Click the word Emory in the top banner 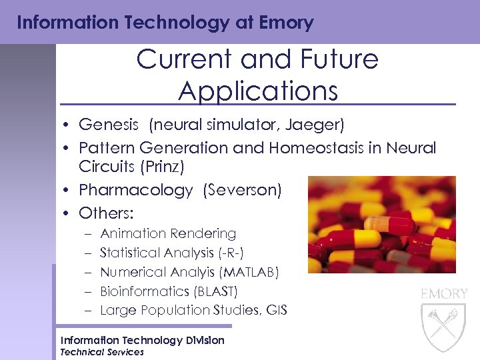(287, 23)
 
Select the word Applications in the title (258, 91)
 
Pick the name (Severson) (243, 190)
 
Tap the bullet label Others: (106, 213)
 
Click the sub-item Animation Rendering (168, 233)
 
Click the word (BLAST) (215, 291)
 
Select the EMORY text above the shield (443, 293)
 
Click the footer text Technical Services (102, 352)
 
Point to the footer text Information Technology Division (142, 340)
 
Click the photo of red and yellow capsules (381, 224)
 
